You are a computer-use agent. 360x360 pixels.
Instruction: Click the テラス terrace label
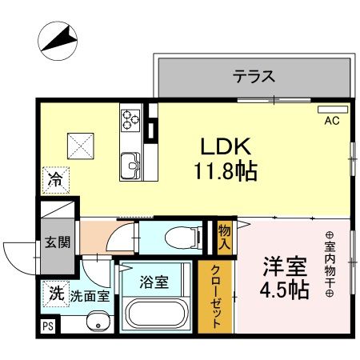pyautogui.click(x=254, y=77)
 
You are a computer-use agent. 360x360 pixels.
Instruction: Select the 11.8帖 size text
pyautogui.click(x=224, y=170)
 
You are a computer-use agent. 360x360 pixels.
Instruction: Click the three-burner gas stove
pyautogui.click(x=130, y=119)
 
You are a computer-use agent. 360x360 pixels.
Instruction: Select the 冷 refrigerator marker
pyautogui.click(x=53, y=179)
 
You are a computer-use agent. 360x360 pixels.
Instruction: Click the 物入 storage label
pyautogui.click(x=225, y=236)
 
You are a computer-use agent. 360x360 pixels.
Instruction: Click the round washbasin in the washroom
pyautogui.click(x=98, y=323)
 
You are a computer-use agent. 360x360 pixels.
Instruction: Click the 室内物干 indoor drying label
pyautogui.click(x=329, y=264)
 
